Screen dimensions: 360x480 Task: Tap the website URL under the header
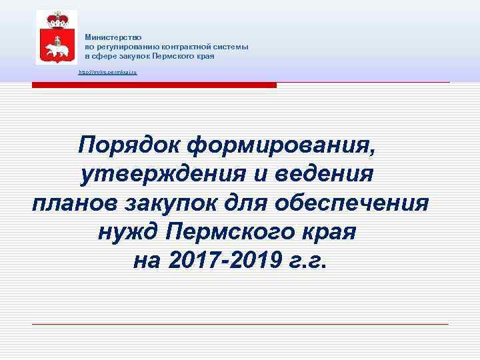click(x=107, y=71)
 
